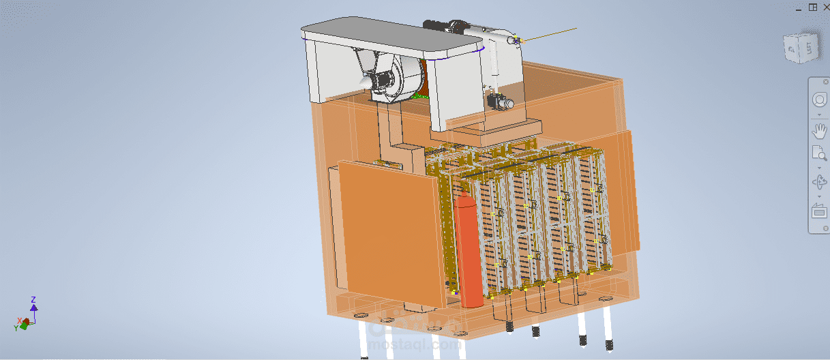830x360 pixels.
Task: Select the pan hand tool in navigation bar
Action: click(818, 132)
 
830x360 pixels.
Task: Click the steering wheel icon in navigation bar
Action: click(818, 100)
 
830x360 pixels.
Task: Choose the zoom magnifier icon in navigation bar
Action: click(818, 153)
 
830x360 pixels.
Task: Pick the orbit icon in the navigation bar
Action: click(818, 183)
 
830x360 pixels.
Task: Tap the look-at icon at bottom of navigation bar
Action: click(818, 211)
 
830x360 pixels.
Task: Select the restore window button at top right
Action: click(812, 7)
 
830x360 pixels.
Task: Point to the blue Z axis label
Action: click(34, 299)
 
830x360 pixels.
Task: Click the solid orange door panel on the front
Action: click(390, 232)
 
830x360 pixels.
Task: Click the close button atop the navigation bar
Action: click(826, 81)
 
